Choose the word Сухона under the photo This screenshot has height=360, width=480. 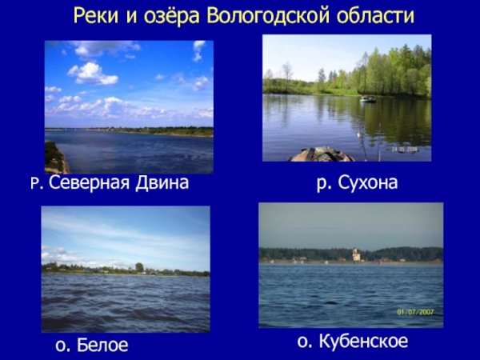[367, 184]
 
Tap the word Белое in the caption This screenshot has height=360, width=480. [102, 346]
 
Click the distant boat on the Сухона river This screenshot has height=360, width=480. [367, 99]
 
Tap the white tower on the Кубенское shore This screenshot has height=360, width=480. [357, 255]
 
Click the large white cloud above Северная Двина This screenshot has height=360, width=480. [93, 73]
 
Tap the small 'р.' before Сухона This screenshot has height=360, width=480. [323, 184]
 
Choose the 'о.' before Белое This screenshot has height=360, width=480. [64, 346]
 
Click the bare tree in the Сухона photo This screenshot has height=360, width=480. [286, 74]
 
